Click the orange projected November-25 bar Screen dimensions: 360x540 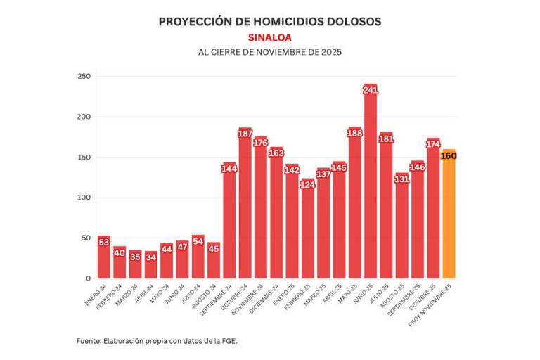[x=449, y=218]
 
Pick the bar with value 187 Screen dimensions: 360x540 [x=245, y=204]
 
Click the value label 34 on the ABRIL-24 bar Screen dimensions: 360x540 [x=151, y=257]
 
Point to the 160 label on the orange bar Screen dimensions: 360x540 [x=449, y=155]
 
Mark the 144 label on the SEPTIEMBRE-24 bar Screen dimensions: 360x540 [x=229, y=169]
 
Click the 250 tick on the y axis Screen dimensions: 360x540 [x=84, y=76]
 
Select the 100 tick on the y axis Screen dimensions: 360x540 [x=84, y=198]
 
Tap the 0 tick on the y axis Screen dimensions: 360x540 [x=89, y=278]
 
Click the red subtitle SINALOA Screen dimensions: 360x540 [x=270, y=37]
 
